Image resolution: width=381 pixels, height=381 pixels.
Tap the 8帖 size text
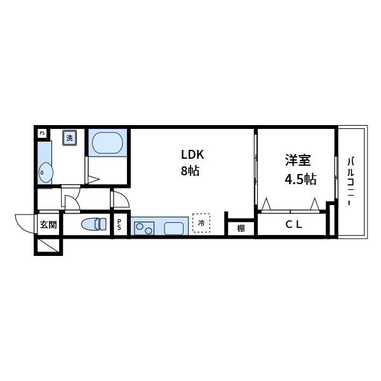(x=190, y=171)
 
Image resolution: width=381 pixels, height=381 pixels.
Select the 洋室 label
(x=297, y=161)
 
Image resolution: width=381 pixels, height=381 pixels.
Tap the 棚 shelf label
(x=241, y=228)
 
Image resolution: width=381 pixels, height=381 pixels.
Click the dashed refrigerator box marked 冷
(x=201, y=224)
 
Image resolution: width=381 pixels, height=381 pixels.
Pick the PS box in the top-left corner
(x=42, y=133)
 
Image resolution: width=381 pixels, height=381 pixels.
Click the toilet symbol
(x=94, y=224)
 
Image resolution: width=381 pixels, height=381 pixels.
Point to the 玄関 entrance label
(x=48, y=224)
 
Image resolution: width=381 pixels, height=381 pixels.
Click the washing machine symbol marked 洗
(x=69, y=138)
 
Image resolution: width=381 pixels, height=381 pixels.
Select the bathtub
(x=107, y=142)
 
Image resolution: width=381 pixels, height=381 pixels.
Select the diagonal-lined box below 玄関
(x=48, y=246)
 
